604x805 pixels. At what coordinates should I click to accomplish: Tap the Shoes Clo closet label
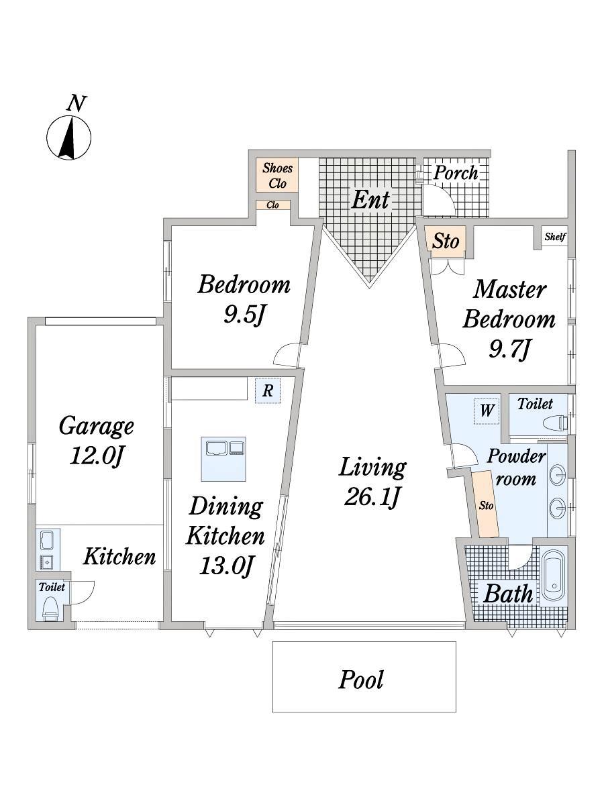pos(277,175)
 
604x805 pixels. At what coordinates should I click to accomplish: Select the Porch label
pos(456,172)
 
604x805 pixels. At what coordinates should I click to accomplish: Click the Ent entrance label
pos(370,200)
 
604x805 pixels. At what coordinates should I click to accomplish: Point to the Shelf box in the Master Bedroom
pos(555,237)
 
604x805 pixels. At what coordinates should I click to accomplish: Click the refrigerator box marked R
pos(268,391)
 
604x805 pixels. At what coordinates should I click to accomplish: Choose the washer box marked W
pos(487,411)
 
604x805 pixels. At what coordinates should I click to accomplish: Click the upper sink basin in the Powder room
pos(557,475)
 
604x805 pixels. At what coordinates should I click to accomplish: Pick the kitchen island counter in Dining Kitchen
pos(223,459)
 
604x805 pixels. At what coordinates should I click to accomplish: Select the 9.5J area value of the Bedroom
pos(244,315)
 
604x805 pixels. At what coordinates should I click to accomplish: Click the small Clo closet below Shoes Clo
pos(273,205)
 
